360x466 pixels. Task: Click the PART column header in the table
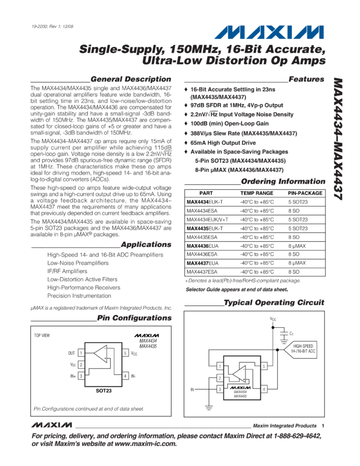(206, 194)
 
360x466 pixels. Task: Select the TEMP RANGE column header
(256, 194)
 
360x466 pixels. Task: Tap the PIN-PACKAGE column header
(305, 194)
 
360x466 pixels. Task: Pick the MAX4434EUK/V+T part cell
(208, 220)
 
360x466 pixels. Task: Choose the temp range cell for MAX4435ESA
(256, 237)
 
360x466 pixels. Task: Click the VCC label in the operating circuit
(273, 319)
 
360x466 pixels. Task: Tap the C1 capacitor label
(292, 333)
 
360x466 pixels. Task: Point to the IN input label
(192, 390)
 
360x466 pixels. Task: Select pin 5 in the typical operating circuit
(264, 366)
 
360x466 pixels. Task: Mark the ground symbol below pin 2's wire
(209, 407)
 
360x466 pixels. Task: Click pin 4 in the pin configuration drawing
(125, 376)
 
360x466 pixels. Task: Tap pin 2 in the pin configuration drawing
(81, 365)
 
